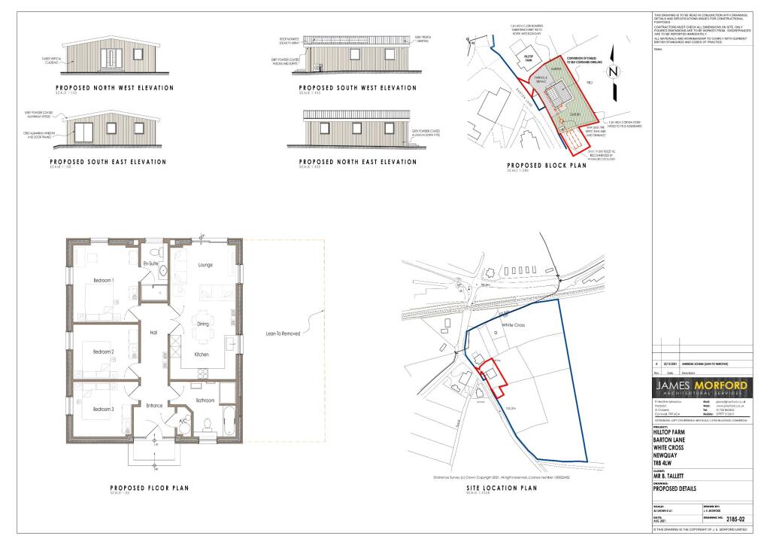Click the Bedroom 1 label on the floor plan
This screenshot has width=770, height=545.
pos(103,280)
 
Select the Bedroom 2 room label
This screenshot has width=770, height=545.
pos(103,352)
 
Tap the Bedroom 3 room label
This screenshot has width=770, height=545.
pos(103,409)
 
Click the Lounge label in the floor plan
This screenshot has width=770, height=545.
pos(208,265)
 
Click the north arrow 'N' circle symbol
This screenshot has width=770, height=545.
pos(614,72)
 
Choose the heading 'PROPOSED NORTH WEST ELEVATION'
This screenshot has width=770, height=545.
pos(111,88)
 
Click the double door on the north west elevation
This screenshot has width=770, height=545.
pos(112,59)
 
